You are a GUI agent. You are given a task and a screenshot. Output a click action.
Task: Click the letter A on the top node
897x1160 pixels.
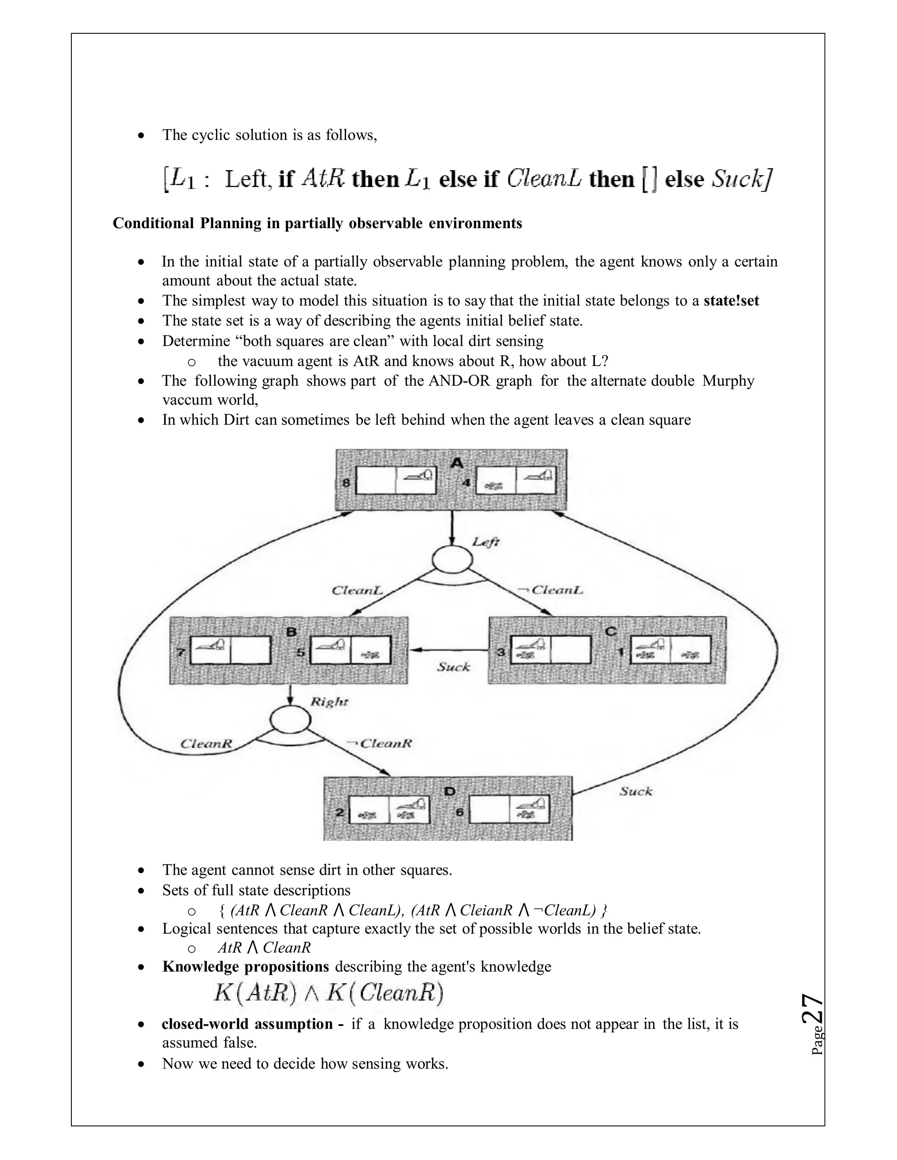coord(456,462)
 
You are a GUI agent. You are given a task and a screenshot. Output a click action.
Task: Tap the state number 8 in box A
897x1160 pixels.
coord(346,483)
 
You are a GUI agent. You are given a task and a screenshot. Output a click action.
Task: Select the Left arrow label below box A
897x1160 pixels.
coord(486,542)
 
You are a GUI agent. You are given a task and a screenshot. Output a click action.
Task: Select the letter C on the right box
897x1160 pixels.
coord(611,631)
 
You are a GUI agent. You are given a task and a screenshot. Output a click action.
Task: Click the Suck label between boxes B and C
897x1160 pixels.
coord(453,667)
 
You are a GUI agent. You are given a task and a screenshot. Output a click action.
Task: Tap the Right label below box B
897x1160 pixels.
coord(329,702)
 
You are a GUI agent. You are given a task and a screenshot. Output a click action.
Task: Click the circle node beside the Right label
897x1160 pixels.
coord(290,720)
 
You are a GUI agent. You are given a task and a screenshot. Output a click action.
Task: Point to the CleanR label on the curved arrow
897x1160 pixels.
coord(206,744)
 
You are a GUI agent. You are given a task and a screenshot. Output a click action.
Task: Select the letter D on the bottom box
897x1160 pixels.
coord(449,791)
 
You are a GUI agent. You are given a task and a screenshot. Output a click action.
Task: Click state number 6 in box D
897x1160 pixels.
coord(460,812)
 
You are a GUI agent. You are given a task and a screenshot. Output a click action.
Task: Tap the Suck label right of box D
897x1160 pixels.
coord(636,791)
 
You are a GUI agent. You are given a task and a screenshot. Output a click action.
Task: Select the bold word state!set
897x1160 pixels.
coord(731,301)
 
